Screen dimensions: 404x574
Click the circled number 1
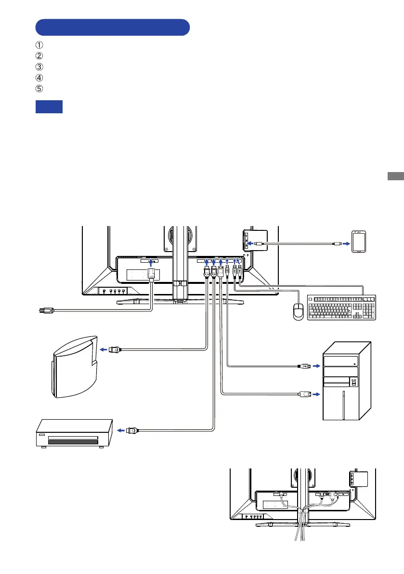pos(39,45)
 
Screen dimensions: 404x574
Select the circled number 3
pos(39,67)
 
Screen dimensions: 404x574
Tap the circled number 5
pos(39,89)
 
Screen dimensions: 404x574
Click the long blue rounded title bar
pos(113,27)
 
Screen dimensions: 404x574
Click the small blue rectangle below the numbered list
pos(49,107)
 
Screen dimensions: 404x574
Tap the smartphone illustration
pos(359,241)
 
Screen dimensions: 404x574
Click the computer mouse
pos(299,312)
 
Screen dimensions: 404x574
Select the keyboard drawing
pos(341,307)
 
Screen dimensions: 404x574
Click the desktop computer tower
pos(347,381)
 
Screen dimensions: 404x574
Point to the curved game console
pos(75,367)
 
